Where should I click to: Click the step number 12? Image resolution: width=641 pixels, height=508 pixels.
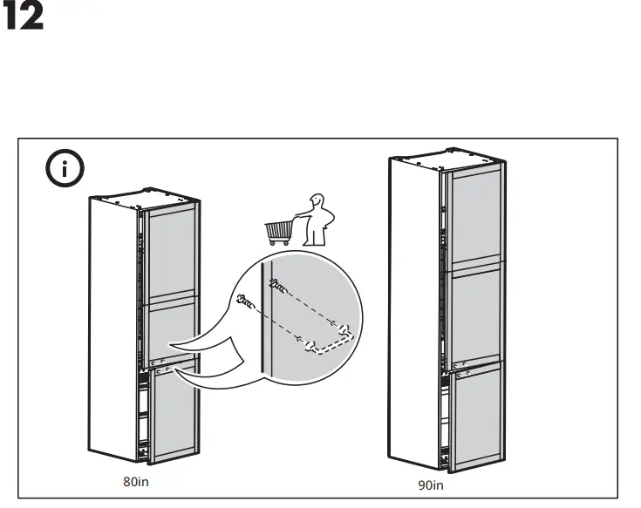coord(24,19)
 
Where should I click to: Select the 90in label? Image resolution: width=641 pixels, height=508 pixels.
coord(431,484)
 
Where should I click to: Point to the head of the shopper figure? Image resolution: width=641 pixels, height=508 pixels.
coord(317,202)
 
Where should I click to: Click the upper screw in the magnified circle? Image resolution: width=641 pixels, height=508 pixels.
coord(276,283)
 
